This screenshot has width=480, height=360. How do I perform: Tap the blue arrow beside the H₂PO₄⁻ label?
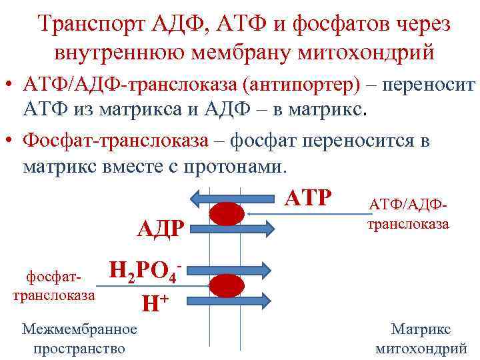point(231,269)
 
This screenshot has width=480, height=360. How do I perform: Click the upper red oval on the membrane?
point(227,213)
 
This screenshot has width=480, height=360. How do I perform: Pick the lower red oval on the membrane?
point(227,285)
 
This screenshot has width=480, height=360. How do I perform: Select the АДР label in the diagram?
point(160,229)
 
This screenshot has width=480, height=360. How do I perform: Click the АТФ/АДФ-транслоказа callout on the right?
point(408,214)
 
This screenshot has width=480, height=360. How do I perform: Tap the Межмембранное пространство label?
point(79,339)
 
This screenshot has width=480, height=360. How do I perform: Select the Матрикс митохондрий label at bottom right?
point(421,339)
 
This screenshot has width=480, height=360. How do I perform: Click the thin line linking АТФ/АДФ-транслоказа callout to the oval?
point(307,213)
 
